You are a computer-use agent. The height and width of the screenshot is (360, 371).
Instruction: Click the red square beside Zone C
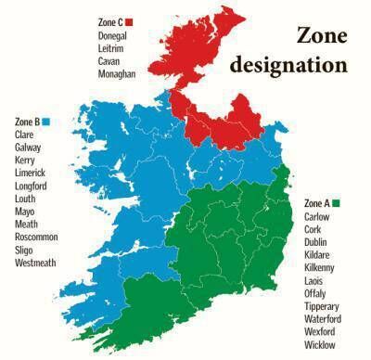pos(129,21)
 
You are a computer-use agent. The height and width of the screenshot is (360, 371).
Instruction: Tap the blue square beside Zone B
pos(45,122)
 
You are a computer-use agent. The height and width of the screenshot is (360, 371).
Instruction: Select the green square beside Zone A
pos(338,203)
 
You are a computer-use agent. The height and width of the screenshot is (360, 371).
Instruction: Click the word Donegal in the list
pos(112,35)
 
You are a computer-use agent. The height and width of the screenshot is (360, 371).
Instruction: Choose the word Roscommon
pos(36,238)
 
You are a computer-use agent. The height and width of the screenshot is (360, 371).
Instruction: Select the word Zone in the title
pos(323,36)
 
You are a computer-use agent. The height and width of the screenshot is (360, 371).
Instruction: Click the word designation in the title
pos(288,66)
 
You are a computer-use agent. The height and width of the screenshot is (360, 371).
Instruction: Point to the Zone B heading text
pos(27,122)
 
